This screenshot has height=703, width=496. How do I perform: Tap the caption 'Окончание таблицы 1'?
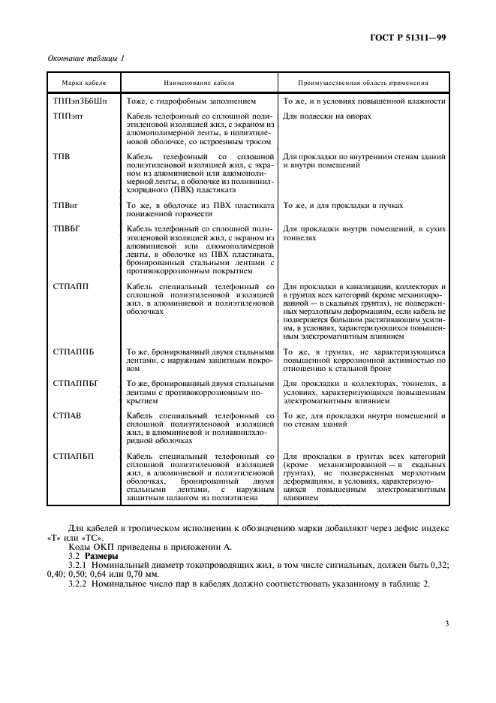click(86, 58)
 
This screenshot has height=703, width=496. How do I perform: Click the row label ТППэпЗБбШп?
click(81, 101)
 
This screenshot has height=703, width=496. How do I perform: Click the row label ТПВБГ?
click(67, 228)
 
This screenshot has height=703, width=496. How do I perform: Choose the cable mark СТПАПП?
click(71, 286)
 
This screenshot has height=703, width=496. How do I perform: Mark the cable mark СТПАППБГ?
click(77, 383)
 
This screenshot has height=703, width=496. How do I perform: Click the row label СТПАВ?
click(68, 415)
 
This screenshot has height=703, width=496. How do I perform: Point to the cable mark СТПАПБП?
click(74, 457)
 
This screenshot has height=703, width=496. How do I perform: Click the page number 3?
click(446, 623)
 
